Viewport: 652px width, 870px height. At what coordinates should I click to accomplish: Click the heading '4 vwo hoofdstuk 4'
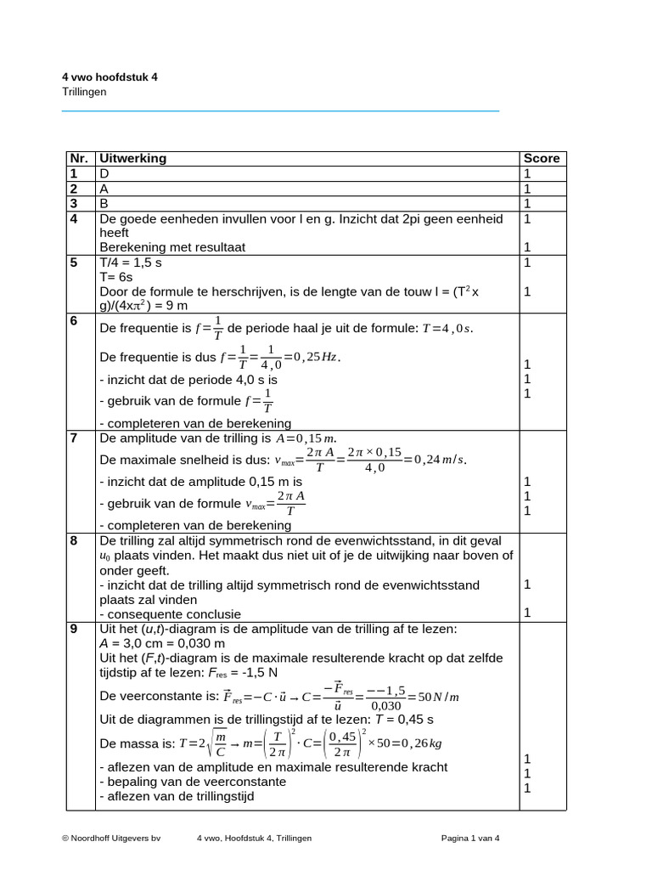[110, 77]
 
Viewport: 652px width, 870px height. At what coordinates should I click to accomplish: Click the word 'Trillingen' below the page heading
[85, 92]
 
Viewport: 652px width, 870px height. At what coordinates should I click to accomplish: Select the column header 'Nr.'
[79, 158]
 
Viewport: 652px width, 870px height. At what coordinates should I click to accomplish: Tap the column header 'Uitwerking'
[133, 158]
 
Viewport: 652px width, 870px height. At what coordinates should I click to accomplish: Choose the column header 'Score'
[542, 158]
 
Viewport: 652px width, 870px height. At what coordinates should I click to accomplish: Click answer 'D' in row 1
[105, 173]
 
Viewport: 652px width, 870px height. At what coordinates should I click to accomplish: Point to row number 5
[75, 263]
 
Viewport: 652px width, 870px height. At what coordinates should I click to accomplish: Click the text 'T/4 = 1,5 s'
[131, 263]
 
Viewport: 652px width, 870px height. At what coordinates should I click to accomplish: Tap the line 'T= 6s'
[116, 277]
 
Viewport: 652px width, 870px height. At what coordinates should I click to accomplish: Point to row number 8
[75, 540]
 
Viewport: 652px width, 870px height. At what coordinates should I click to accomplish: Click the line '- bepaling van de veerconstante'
[193, 782]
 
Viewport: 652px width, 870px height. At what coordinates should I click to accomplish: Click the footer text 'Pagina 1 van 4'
[470, 838]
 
